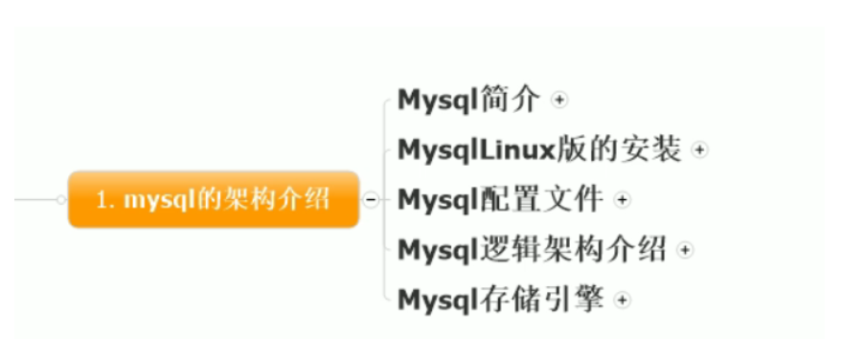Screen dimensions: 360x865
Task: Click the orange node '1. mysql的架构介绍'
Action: tap(213, 199)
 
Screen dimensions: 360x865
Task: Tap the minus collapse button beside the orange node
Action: tap(370, 199)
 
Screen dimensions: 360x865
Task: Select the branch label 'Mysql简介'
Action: tap(468, 99)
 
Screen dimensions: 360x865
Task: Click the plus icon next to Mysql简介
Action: tap(560, 100)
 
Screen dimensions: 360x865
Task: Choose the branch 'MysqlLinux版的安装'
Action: tap(538, 149)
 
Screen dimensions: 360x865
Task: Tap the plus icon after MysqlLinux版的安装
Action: tap(699, 150)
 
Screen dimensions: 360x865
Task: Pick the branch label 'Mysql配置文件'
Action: tap(500, 199)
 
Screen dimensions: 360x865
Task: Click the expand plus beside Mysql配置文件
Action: tap(623, 200)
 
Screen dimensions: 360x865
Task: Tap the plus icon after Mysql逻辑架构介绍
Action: tap(684, 250)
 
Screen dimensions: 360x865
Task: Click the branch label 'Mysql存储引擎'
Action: tap(500, 300)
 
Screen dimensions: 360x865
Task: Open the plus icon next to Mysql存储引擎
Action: tap(623, 301)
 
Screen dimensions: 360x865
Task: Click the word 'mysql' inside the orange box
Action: tap(155, 200)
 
